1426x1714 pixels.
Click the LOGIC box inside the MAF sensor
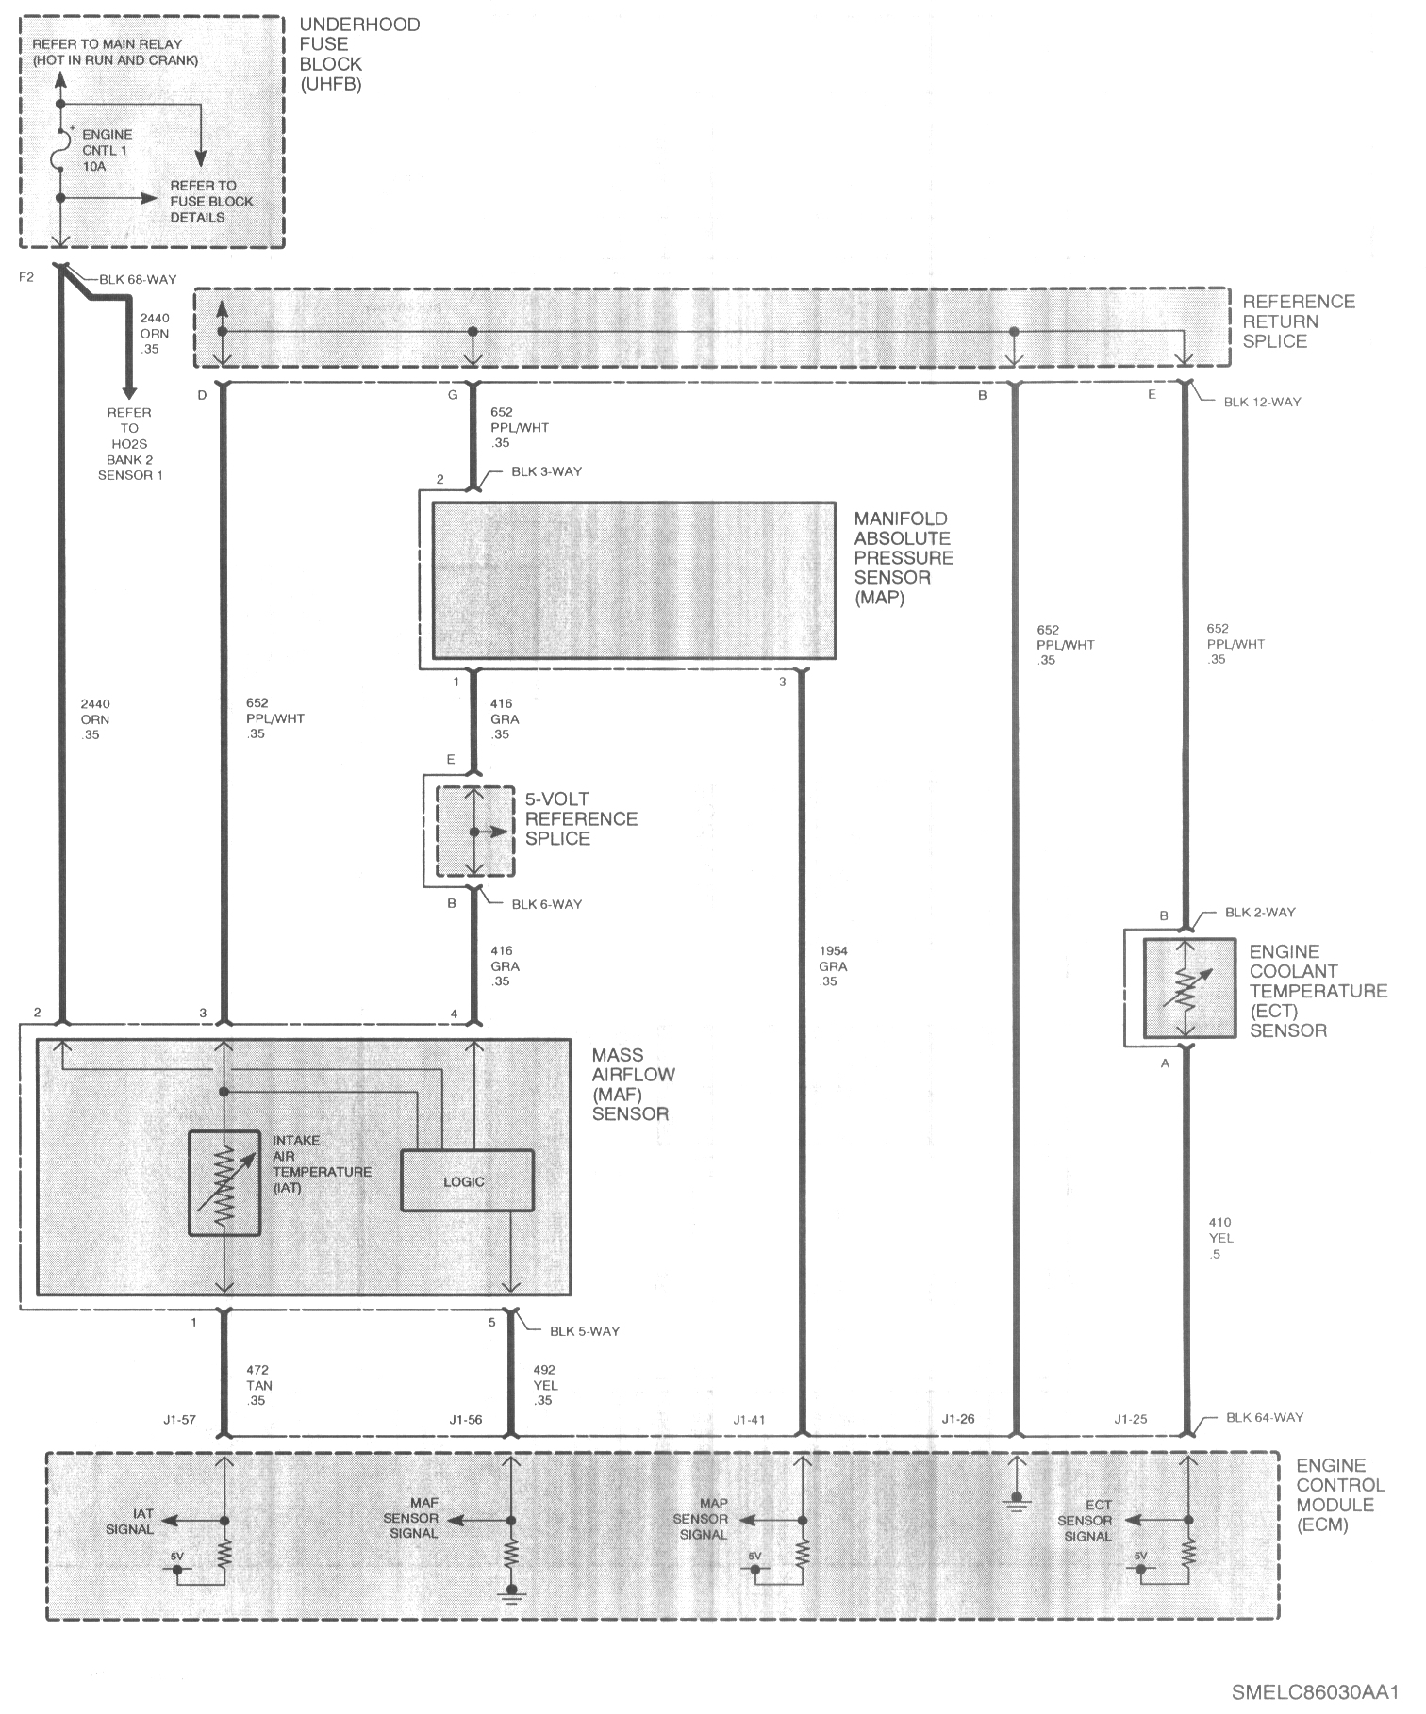coord(468,1180)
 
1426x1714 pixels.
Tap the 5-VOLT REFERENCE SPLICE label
coord(581,818)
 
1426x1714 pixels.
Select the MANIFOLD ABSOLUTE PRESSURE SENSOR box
coord(634,580)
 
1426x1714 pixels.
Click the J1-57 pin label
coord(178,1419)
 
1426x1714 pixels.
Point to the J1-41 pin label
coord(750,1419)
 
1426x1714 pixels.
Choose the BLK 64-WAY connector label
coord(1265,1417)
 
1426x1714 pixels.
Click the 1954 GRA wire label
coord(833,966)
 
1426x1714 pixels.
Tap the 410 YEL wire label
coord(1220,1238)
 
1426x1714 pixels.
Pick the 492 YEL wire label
coord(545,1385)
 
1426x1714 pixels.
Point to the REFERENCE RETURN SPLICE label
coord(1298,321)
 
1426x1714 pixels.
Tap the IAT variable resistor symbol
coord(224,1183)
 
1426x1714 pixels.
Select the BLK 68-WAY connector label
coord(138,279)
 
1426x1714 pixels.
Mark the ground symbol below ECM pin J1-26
coord(1017,1500)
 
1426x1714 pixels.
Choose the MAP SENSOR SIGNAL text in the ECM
coord(701,1519)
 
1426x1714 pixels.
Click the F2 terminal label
coord(25,277)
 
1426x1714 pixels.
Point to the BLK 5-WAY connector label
coord(585,1331)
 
